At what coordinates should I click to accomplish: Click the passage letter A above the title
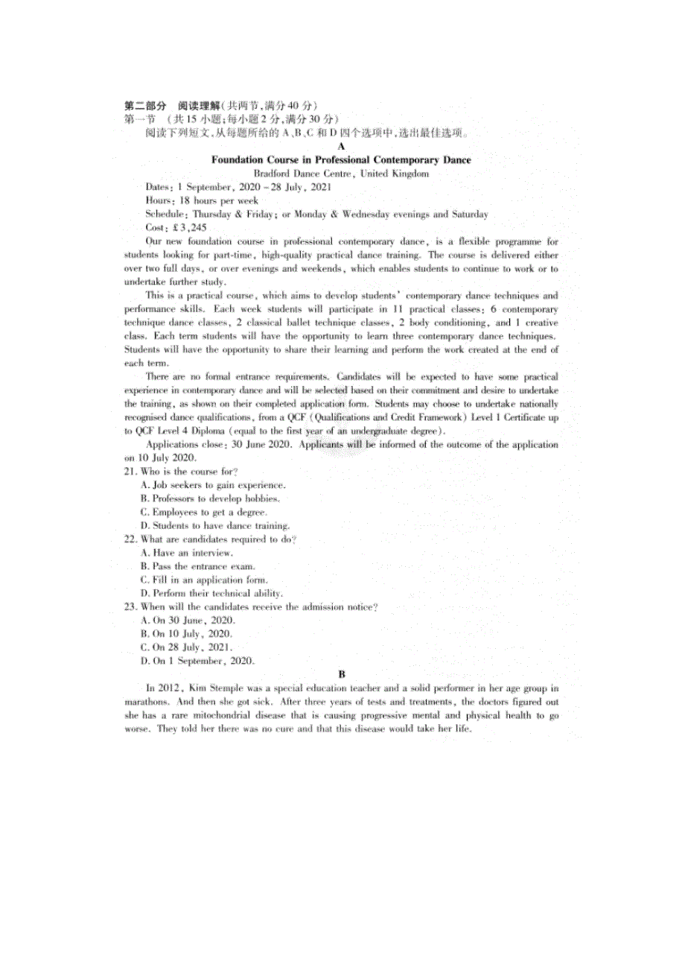pos(341,147)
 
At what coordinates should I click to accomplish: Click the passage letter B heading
pos(341,674)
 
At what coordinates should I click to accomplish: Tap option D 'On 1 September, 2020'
pos(197,661)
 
